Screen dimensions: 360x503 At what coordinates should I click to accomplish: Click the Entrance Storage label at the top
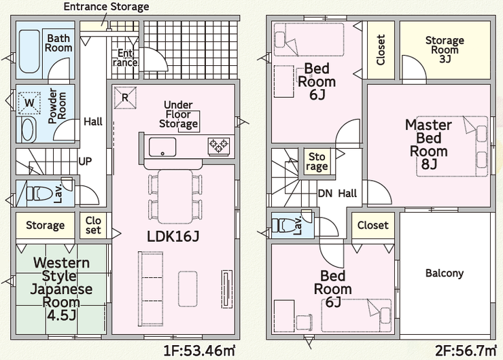(106, 7)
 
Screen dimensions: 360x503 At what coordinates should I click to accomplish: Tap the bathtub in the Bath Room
(28, 52)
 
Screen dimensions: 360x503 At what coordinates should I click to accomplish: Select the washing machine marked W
(28, 103)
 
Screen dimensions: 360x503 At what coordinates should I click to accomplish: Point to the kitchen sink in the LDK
(162, 146)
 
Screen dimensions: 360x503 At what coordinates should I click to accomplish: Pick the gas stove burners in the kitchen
(219, 145)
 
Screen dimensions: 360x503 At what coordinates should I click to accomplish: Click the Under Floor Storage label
(179, 115)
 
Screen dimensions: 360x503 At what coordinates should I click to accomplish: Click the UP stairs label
(86, 162)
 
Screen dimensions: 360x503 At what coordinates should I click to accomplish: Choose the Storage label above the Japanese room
(45, 225)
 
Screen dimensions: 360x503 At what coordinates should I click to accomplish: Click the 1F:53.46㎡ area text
(199, 351)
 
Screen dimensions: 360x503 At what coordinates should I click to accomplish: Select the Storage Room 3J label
(445, 49)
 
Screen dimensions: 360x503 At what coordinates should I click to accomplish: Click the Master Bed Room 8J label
(428, 145)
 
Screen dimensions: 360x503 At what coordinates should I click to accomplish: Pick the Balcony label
(444, 273)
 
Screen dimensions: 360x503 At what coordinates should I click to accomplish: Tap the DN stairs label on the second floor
(326, 194)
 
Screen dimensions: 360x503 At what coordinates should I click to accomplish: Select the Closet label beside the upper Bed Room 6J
(381, 50)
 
